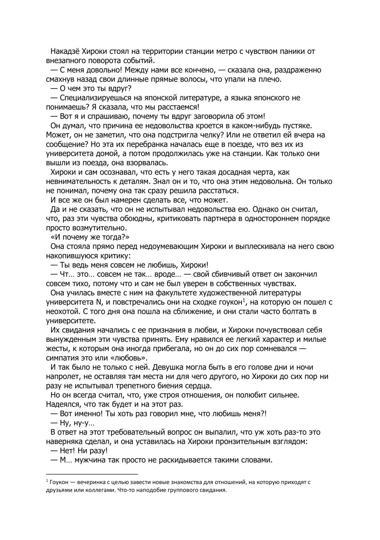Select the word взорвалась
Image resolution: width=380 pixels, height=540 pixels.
[x=149, y=163]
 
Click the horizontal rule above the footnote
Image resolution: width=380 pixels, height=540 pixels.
[x=92, y=474]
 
